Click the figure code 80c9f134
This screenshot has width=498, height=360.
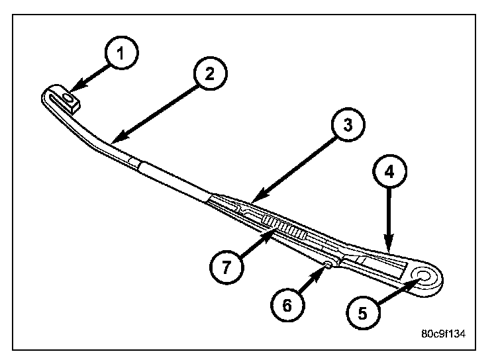click(x=442, y=334)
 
